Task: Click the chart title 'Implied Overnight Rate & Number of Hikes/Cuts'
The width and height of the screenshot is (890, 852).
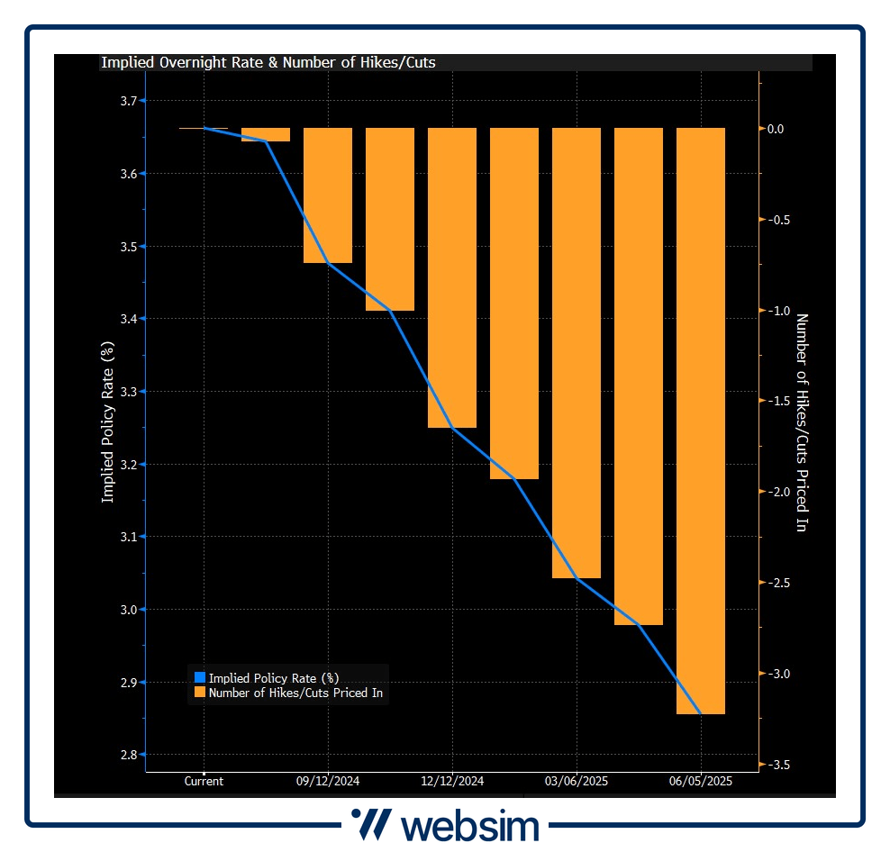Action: pyautogui.click(x=268, y=63)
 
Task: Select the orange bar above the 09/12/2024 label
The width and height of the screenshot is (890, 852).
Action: pyautogui.click(x=327, y=195)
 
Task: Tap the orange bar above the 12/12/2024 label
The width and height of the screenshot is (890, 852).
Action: pyautogui.click(x=451, y=277)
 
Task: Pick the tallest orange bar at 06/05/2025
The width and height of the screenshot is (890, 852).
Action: pyautogui.click(x=700, y=421)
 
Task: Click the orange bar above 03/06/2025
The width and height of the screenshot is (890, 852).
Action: pyautogui.click(x=576, y=352)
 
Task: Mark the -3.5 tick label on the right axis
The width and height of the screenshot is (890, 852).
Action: pyautogui.click(x=779, y=765)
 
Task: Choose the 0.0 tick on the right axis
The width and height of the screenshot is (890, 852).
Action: pyautogui.click(x=776, y=129)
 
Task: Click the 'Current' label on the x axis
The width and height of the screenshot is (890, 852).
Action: pyautogui.click(x=204, y=782)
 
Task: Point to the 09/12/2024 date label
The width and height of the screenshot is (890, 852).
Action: pyautogui.click(x=328, y=782)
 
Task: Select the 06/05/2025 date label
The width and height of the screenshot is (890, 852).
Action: pyautogui.click(x=701, y=782)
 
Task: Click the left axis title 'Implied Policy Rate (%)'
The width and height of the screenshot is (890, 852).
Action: pyautogui.click(x=107, y=423)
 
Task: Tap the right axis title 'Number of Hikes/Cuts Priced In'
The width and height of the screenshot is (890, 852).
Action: pyautogui.click(x=801, y=422)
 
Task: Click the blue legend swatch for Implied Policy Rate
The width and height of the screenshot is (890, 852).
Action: pyautogui.click(x=200, y=677)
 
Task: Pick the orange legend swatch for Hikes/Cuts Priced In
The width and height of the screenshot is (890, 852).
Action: pyautogui.click(x=200, y=693)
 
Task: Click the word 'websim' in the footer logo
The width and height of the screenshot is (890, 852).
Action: pyautogui.click(x=469, y=826)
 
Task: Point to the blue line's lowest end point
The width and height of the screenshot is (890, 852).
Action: pyautogui.click(x=701, y=714)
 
